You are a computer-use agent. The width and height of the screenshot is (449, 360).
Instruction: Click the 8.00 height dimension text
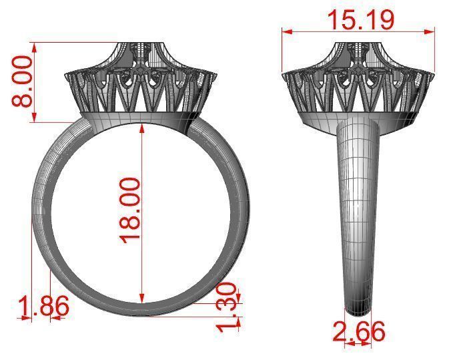22,81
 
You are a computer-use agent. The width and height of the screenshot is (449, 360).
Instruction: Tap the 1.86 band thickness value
43,308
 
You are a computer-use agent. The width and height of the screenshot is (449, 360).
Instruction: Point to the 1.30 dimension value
228,306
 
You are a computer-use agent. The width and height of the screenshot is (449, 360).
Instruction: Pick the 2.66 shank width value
359,331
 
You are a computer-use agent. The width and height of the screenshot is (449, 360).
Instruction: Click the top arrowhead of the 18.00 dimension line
142,128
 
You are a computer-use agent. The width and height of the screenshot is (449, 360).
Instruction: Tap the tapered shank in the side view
358,214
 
